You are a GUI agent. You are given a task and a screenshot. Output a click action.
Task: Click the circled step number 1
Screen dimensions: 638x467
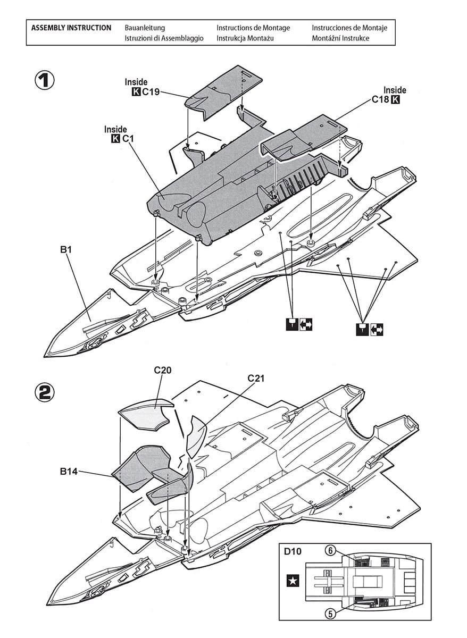[x=45, y=80]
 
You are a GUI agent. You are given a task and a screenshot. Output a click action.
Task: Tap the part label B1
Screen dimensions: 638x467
[x=66, y=248]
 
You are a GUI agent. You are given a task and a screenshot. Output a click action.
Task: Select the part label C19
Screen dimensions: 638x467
[x=151, y=92]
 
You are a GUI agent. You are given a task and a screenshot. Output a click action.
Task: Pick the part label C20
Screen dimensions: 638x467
[x=163, y=370]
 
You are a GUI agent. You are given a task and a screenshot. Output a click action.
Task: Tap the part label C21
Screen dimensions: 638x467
[x=256, y=379]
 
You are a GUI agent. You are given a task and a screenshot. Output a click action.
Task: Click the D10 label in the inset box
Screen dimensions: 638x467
[x=293, y=551]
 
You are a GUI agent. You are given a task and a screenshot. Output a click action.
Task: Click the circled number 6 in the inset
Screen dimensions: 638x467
[x=330, y=551]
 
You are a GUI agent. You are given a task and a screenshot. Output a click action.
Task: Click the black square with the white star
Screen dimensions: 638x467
[x=293, y=581]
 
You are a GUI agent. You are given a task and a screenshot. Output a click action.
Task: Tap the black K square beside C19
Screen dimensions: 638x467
[x=136, y=92]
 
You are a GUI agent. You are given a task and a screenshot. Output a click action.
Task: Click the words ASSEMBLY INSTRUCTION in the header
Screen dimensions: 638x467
[x=71, y=28]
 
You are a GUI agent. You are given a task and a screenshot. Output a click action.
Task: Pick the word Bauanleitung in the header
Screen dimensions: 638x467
[x=145, y=28]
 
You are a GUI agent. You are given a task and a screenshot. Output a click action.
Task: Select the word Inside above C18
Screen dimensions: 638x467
[x=395, y=90]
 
